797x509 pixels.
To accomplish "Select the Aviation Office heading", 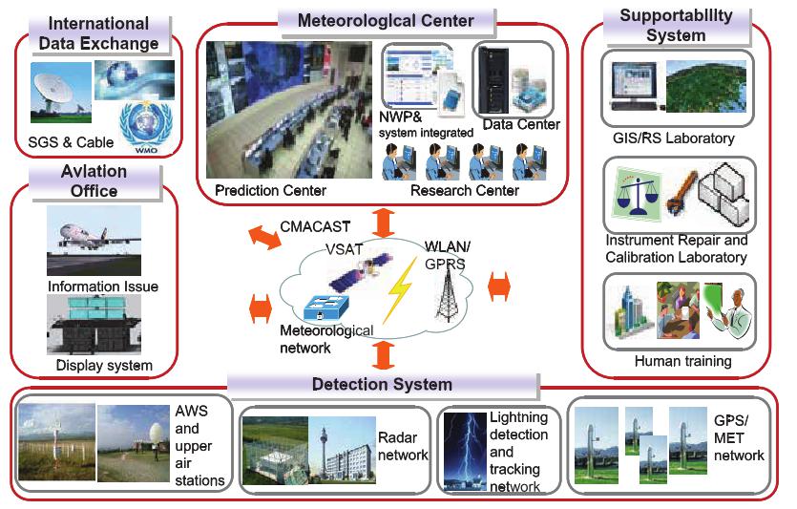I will click(x=92, y=181).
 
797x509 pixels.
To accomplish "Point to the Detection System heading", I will click(x=382, y=385).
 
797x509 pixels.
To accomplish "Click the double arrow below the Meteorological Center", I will click(x=383, y=223).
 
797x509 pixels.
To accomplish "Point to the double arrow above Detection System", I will click(x=383, y=354).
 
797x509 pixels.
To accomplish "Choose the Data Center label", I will click(x=521, y=124).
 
